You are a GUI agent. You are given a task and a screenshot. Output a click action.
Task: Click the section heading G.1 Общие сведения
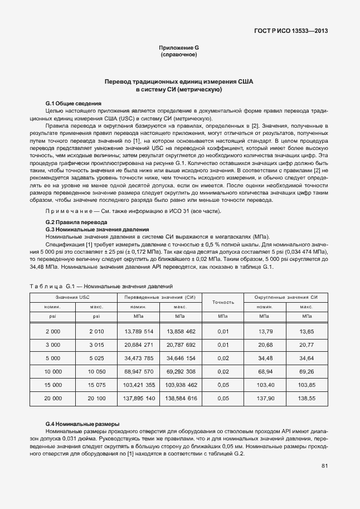coord(73,104)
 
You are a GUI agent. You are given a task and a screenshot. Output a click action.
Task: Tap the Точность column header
coord(223,302)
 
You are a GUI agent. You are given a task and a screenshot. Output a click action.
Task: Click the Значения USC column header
coord(72,298)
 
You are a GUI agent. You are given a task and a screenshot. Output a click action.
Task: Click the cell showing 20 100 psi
coord(96,400)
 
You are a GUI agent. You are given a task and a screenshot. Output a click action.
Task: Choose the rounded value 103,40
coord(265,386)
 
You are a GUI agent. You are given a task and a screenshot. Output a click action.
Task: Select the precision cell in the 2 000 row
coord(223,332)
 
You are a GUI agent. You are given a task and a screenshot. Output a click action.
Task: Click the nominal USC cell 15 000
coord(52,386)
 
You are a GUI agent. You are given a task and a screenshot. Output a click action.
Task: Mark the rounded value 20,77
coord(307,345)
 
